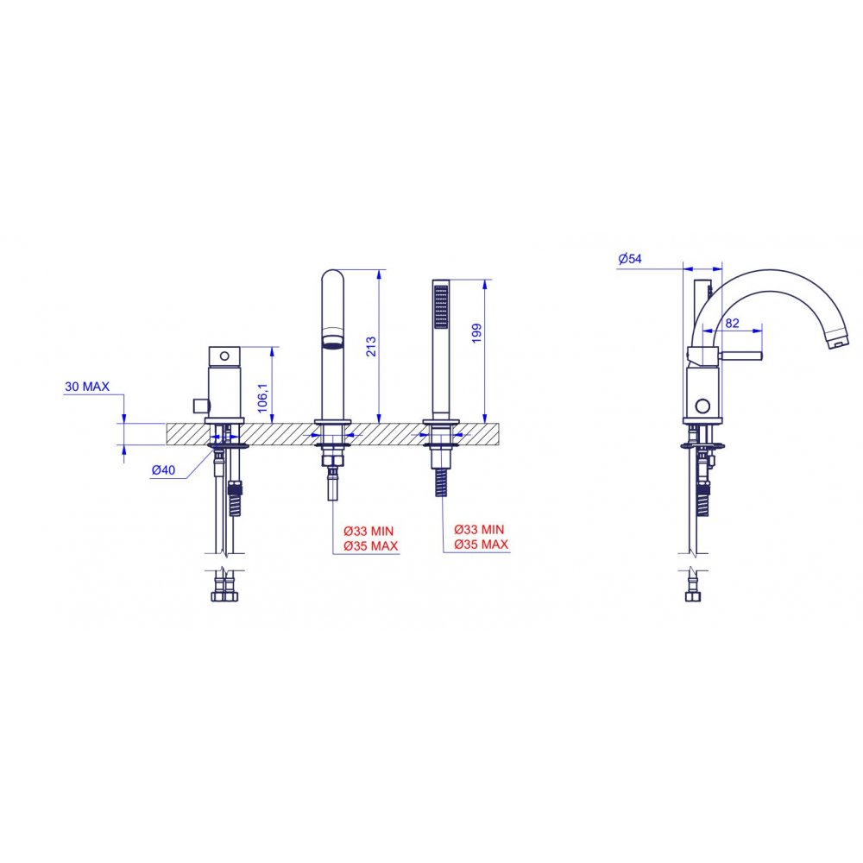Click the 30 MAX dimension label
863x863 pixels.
[x=87, y=387]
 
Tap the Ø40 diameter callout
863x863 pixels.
[x=163, y=469]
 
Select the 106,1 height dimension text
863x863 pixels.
[x=262, y=398]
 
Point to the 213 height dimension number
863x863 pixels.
[x=371, y=347]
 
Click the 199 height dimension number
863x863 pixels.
[x=476, y=333]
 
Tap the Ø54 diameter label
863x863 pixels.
[x=630, y=258]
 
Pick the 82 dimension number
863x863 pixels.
[x=732, y=323]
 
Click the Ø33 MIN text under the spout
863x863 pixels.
[x=369, y=531]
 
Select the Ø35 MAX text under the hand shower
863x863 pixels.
[x=481, y=545]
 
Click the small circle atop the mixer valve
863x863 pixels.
[x=224, y=356]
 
